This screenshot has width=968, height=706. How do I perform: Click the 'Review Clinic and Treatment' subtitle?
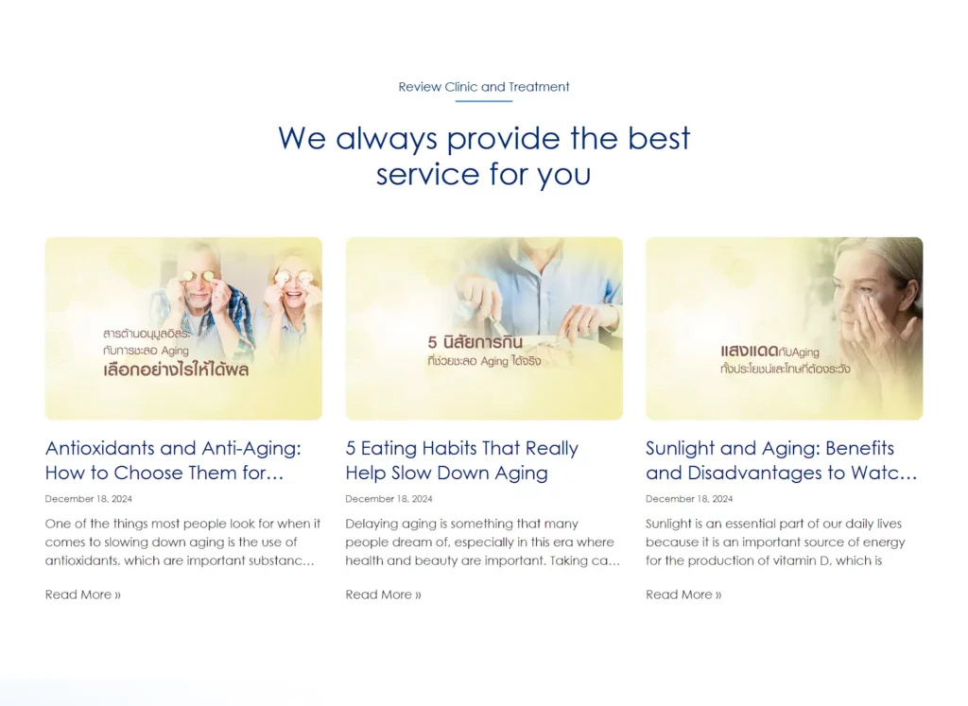click(x=484, y=87)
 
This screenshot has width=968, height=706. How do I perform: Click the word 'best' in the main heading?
click(x=659, y=138)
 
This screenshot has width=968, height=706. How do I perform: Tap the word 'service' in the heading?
click(x=428, y=175)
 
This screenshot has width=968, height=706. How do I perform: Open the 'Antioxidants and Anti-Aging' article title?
click(x=173, y=460)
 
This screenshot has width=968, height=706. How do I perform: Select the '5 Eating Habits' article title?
click(x=461, y=460)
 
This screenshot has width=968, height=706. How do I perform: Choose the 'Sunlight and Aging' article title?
click(x=782, y=460)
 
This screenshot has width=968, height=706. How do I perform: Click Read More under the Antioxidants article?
click(x=83, y=594)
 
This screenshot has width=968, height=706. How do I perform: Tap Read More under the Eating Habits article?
click(x=384, y=594)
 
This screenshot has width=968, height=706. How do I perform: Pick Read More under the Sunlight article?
click(x=683, y=594)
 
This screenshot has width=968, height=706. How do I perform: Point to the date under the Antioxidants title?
click(x=88, y=499)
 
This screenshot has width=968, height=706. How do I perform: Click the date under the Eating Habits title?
click(x=389, y=499)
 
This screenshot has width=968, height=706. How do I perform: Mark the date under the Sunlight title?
click(x=689, y=499)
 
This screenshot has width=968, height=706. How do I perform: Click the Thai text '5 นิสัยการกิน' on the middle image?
click(x=475, y=342)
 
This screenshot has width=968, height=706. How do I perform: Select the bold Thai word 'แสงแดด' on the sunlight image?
click(x=749, y=351)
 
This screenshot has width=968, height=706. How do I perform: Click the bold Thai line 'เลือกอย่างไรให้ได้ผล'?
click(x=176, y=370)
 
